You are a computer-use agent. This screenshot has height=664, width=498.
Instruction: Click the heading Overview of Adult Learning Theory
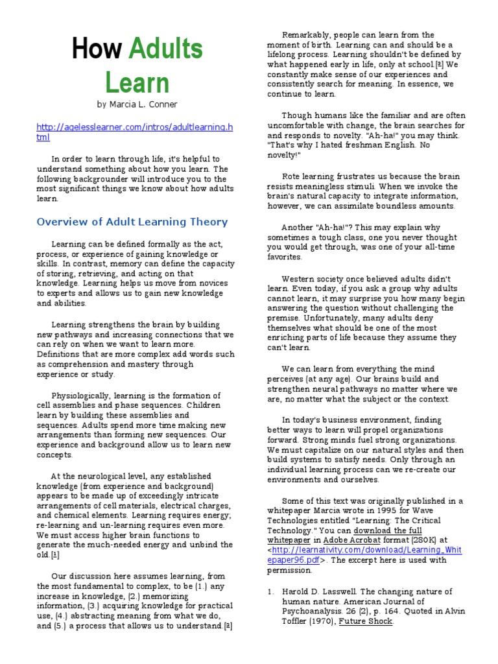[x=132, y=222]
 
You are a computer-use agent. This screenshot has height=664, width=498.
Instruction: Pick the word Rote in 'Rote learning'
[x=291, y=176]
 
